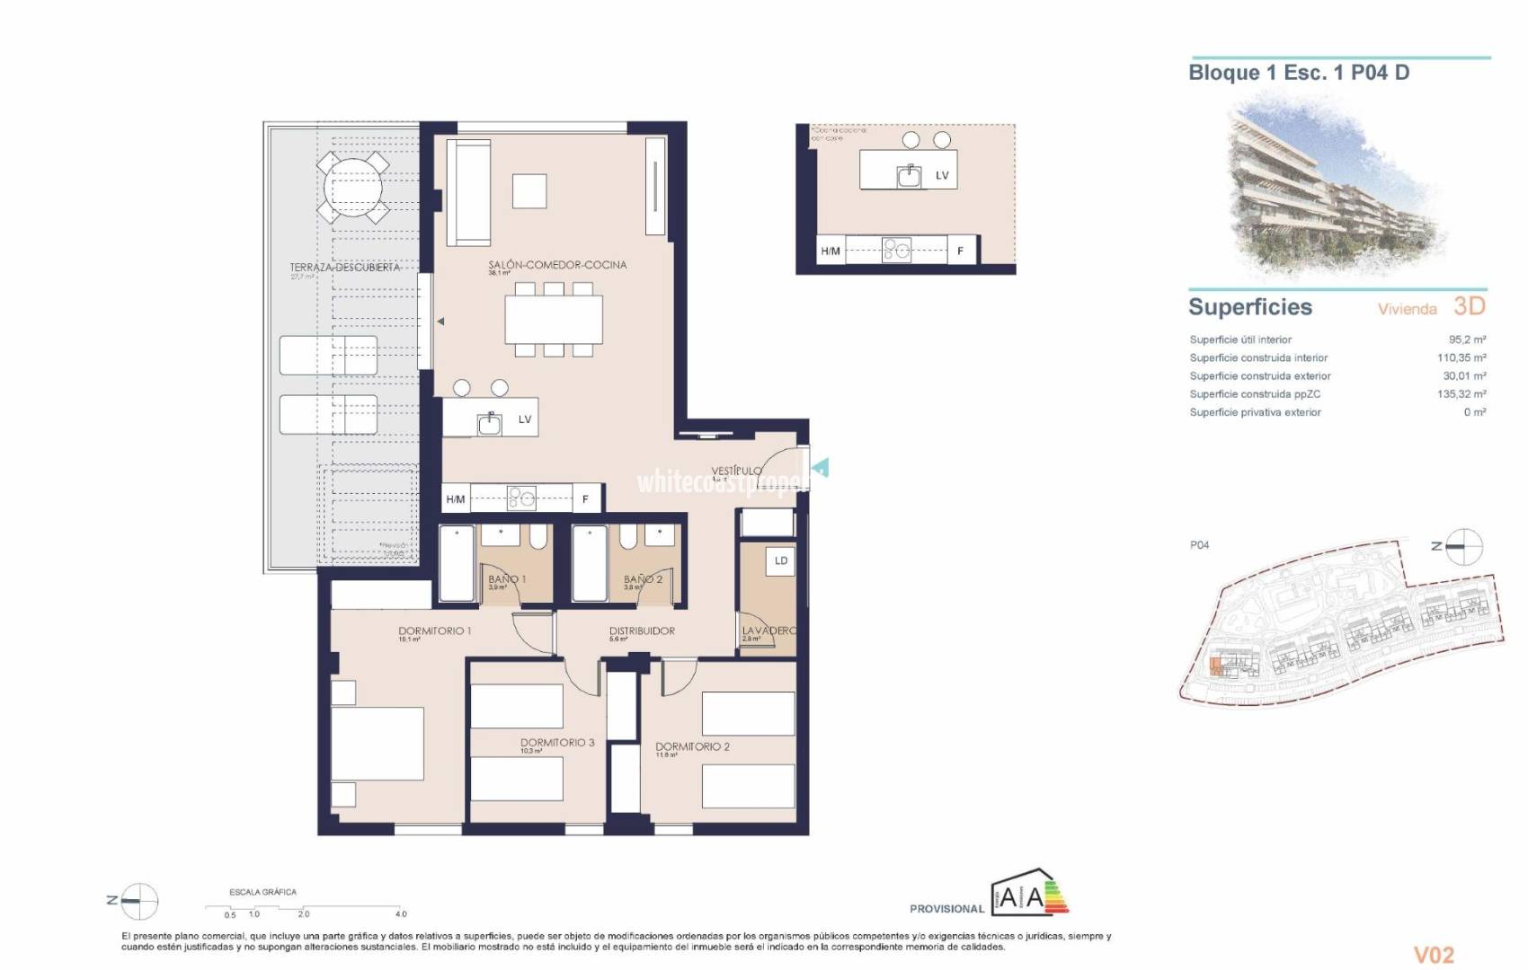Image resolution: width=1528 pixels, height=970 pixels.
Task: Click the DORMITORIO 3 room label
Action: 557,743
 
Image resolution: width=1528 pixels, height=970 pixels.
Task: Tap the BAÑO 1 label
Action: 507,579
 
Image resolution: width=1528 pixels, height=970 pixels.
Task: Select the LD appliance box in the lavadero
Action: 780,561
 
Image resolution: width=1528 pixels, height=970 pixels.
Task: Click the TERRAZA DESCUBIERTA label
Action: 344,268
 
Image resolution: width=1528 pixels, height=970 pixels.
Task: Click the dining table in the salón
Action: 554,320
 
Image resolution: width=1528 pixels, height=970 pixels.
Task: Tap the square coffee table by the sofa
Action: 529,190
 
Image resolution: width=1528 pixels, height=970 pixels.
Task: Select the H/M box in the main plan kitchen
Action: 456,499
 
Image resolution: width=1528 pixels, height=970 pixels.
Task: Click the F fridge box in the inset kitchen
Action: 960,251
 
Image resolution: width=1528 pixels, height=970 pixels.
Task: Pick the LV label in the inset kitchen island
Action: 942,175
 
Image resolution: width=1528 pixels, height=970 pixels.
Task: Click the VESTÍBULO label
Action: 736,471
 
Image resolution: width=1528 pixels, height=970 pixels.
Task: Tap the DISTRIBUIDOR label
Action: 642,631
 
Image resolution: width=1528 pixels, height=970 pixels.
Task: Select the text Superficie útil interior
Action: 1240,339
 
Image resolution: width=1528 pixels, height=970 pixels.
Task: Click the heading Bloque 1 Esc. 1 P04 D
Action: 1299,73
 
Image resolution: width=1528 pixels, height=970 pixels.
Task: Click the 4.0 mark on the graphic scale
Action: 401,913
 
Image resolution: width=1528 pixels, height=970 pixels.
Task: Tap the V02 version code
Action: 1434,955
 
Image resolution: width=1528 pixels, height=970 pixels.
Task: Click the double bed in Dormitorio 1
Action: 378,743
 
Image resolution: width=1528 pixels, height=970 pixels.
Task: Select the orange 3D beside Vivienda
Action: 1469,306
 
